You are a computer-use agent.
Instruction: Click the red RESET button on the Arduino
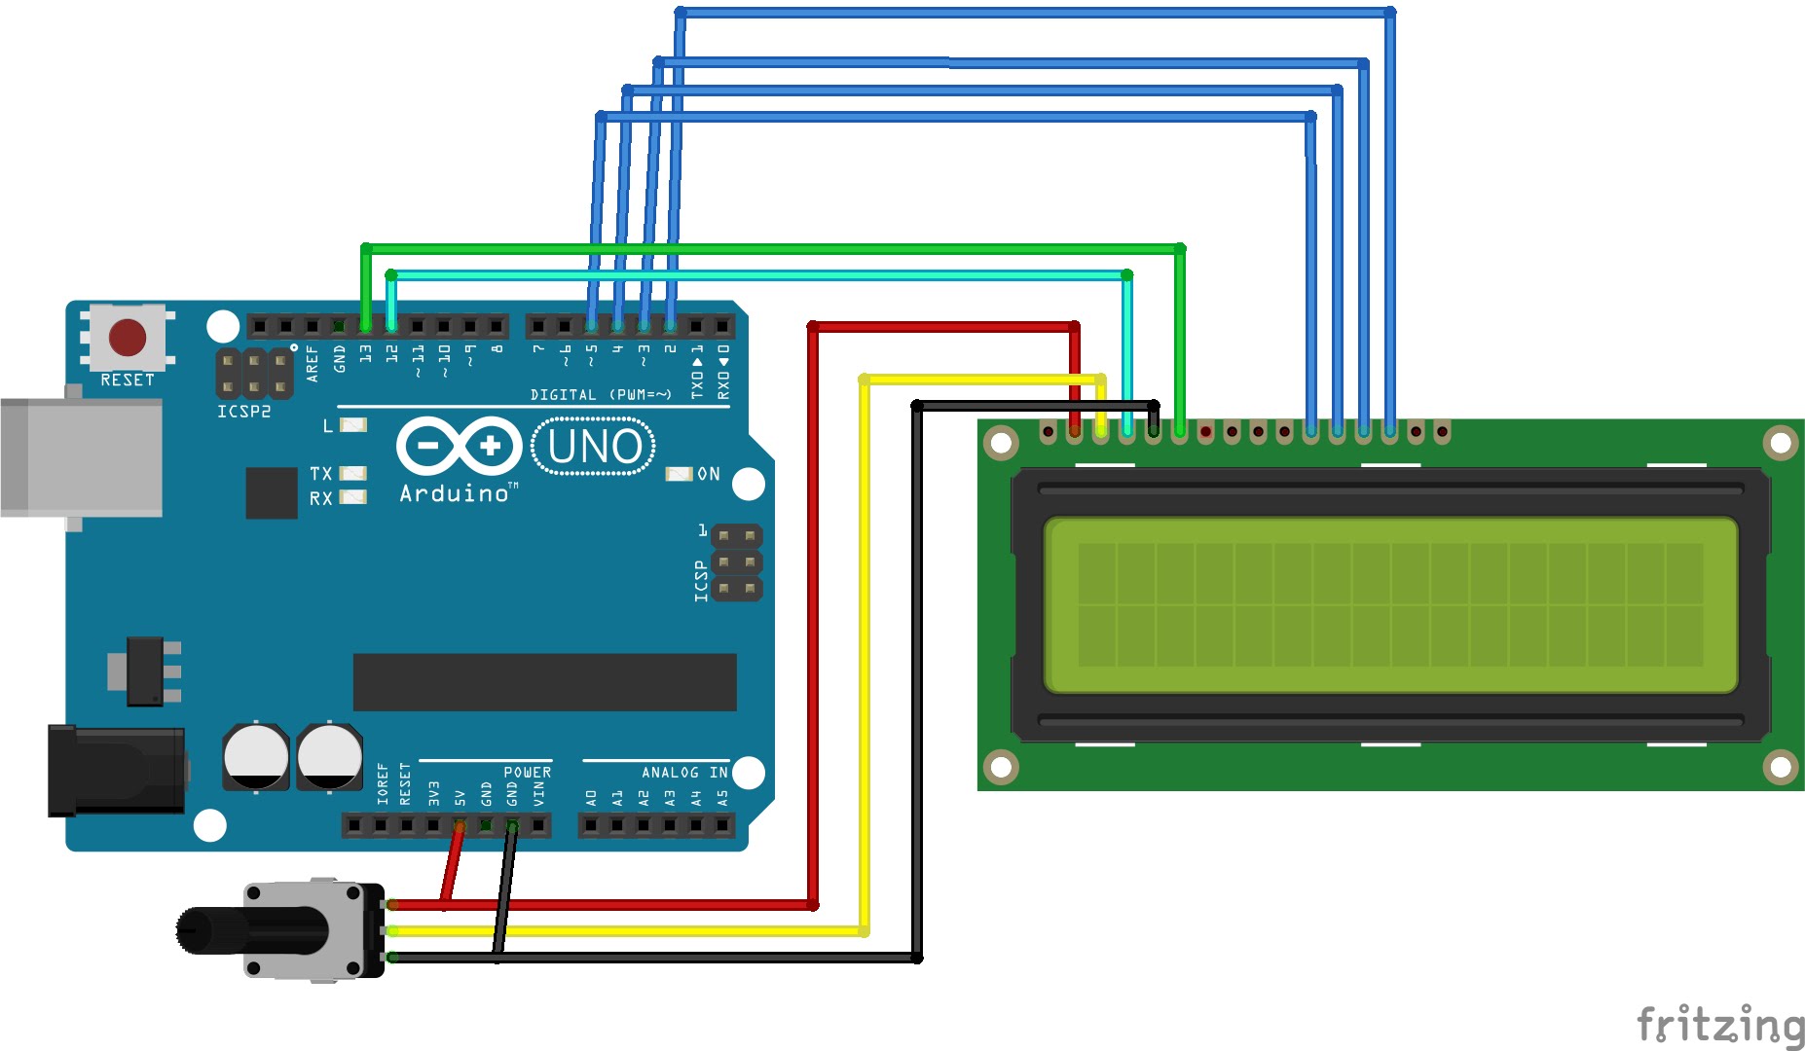coord(128,337)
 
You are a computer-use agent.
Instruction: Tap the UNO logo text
coord(594,447)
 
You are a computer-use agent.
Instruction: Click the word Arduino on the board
coord(454,494)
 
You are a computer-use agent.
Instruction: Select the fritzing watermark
coord(1719,1025)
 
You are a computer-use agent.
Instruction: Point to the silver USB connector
coord(82,457)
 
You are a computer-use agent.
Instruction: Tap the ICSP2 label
coord(243,412)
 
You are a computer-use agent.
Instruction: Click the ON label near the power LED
coord(709,474)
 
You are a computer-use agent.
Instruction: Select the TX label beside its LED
coord(320,474)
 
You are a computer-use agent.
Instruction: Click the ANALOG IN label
coord(684,773)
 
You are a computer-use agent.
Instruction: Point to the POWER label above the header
coord(527,773)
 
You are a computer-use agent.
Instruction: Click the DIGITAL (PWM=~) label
coord(601,395)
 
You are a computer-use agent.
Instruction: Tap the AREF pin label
coord(313,362)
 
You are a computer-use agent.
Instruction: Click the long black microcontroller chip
coord(544,682)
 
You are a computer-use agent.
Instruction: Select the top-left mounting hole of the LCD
coord(1001,444)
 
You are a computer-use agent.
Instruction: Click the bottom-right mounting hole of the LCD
coord(1780,767)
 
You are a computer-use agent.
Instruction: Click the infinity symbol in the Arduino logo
coord(459,447)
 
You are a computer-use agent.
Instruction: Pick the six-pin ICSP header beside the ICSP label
coord(737,562)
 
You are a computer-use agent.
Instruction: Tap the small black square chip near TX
coord(272,492)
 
